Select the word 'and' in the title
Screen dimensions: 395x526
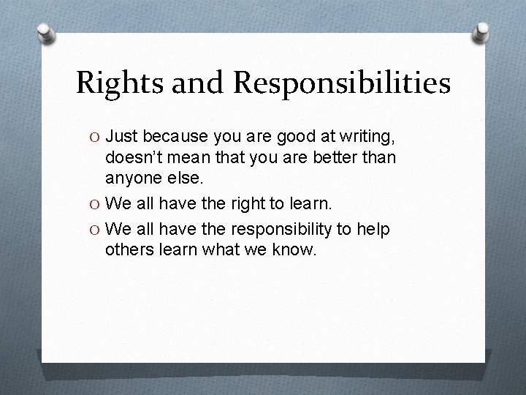194,84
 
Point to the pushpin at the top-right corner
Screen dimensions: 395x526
481,31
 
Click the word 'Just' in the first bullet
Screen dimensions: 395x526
123,137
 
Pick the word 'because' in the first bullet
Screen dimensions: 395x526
176,137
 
